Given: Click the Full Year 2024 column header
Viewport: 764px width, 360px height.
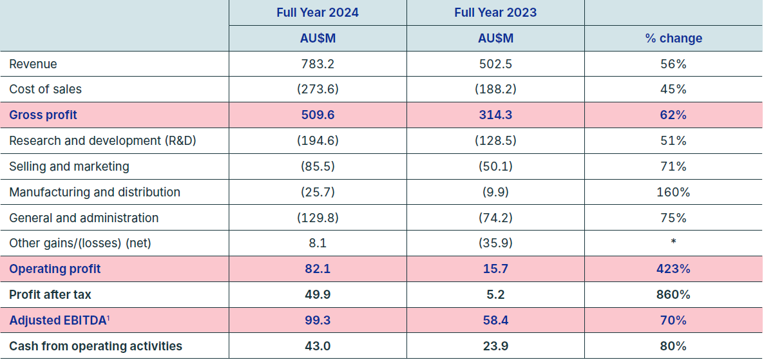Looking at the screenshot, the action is [x=317, y=13].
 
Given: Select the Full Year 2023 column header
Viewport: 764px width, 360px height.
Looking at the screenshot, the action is [x=495, y=13].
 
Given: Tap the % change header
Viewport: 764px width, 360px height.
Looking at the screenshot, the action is [x=673, y=39].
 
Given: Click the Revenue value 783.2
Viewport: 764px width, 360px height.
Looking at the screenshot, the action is [x=317, y=64].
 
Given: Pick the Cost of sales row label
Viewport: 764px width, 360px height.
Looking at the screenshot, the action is [x=45, y=89].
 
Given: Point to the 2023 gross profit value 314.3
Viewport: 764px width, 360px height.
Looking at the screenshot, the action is [x=495, y=115].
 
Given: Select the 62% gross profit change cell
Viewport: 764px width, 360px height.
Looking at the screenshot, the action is [x=673, y=115].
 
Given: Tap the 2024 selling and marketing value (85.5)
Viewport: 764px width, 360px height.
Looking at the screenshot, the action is [x=317, y=167].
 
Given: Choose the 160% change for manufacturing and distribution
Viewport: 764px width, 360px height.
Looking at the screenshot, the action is [x=673, y=193].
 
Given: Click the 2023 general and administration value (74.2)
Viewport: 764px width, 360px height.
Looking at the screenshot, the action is [x=495, y=218].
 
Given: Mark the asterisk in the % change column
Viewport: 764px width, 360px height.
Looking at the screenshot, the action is [x=673, y=241].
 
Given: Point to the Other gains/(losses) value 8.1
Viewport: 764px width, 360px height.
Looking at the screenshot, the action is [x=317, y=243].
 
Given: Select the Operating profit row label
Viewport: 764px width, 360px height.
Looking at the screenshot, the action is [x=55, y=269].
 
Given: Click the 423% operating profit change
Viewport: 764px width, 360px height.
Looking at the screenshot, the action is [x=673, y=269].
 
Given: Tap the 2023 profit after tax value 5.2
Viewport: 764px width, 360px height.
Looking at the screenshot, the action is [x=495, y=295].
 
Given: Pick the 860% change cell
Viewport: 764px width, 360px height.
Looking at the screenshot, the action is [x=673, y=295].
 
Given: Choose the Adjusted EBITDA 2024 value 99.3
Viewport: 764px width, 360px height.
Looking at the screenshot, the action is [x=317, y=321].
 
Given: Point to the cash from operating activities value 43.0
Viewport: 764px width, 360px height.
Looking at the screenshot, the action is [x=317, y=346].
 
